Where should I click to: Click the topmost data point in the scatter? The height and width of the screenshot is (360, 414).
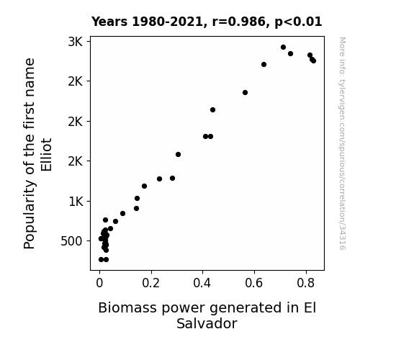pyautogui.click(x=283, y=48)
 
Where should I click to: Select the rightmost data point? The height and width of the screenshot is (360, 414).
pyautogui.click(x=313, y=60)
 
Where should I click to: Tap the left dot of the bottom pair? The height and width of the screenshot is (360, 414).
pyautogui.click(x=101, y=260)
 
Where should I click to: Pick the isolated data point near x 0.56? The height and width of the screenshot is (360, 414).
pyautogui.click(x=245, y=92)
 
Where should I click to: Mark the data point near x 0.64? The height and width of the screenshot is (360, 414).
pyautogui.click(x=264, y=65)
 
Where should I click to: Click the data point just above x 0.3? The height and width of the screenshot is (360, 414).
pyautogui.click(x=179, y=155)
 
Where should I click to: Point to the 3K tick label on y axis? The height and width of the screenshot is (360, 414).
pyautogui.click(x=76, y=42)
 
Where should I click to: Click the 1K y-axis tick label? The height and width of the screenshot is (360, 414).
pyautogui.click(x=76, y=202)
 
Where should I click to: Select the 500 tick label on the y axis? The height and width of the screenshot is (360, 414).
pyautogui.click(x=71, y=241)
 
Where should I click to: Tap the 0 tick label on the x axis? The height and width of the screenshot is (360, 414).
pyautogui.click(x=99, y=283)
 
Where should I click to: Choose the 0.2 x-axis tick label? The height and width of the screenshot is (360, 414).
pyautogui.click(x=151, y=283)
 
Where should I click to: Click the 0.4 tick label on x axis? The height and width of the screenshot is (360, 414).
pyautogui.click(x=202, y=283)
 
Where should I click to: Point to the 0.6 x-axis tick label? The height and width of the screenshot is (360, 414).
pyautogui.click(x=254, y=283)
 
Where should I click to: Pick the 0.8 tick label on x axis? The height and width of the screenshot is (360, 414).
pyautogui.click(x=306, y=283)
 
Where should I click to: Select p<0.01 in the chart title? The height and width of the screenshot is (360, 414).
pyautogui.click(x=298, y=22)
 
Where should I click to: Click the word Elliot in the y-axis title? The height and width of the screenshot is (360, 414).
pyautogui.click(x=47, y=155)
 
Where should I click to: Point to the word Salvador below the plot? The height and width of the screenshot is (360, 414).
pyautogui.click(x=207, y=323)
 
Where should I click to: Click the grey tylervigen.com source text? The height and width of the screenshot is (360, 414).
pyautogui.click(x=342, y=143)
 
